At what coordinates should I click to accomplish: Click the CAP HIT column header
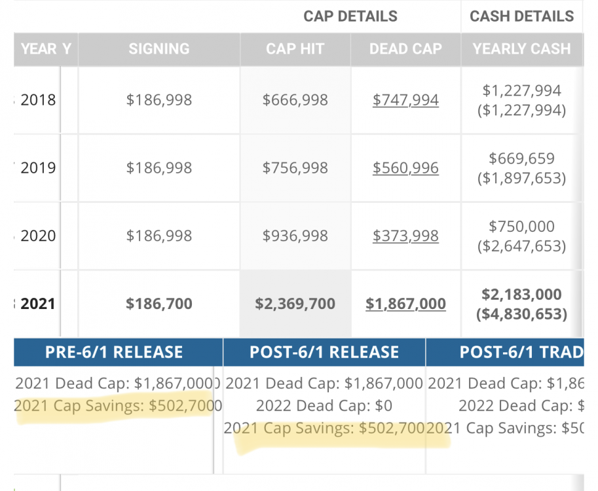[295, 49]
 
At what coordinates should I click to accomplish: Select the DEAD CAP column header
[405, 49]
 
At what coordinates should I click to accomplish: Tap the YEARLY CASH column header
[522, 49]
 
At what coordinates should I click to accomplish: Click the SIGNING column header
[159, 49]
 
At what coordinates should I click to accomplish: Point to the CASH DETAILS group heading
[522, 16]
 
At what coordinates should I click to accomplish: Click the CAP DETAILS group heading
[350, 16]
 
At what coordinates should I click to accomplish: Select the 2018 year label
[38, 100]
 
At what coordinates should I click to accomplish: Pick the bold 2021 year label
[38, 304]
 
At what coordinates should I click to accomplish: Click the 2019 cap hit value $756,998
[295, 168]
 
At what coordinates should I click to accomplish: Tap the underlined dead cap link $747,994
[405, 100]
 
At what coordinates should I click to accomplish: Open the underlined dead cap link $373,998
[405, 236]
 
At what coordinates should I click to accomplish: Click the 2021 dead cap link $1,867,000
[405, 304]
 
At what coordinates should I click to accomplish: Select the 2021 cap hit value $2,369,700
[295, 304]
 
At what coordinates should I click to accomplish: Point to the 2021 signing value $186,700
[159, 304]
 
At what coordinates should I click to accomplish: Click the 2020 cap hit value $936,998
[295, 236]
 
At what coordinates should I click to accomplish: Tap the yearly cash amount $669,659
[522, 158]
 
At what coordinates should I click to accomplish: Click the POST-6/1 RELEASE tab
[324, 352]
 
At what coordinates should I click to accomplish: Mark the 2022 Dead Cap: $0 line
[324, 406]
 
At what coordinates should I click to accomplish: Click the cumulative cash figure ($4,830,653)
[522, 314]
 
